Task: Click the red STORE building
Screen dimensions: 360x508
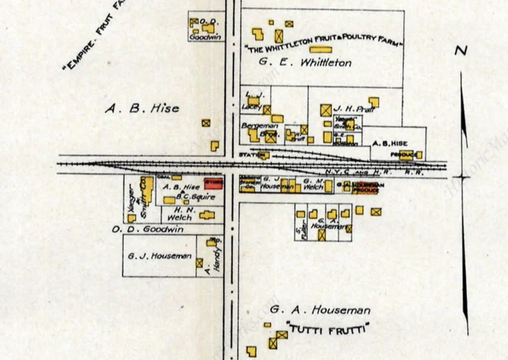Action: pyautogui.click(x=214, y=183)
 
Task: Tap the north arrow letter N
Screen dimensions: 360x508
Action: pyautogui.click(x=461, y=50)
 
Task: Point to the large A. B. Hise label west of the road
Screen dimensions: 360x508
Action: pyautogui.click(x=142, y=108)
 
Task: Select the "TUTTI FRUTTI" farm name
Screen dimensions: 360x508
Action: pyautogui.click(x=327, y=328)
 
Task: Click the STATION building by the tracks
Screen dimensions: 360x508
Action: pyautogui.click(x=263, y=155)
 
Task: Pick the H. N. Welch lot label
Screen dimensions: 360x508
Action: pyautogui.click(x=179, y=214)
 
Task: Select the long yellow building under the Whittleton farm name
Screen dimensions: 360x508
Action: pyautogui.click(x=320, y=49)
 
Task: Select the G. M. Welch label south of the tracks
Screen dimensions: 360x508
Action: pyautogui.click(x=313, y=183)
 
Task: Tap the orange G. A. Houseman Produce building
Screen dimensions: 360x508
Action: pyautogui.click(x=363, y=187)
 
